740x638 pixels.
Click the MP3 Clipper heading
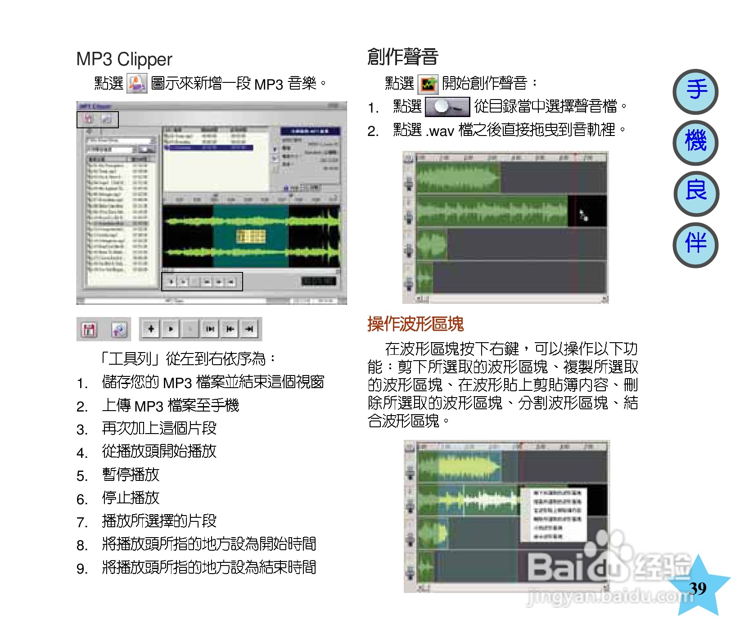pos(124,59)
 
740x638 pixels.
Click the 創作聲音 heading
pos(403,57)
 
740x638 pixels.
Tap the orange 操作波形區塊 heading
pos(415,324)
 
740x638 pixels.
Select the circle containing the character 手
pos(695,91)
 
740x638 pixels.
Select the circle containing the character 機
pos(695,142)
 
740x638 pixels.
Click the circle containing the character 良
pos(696,193)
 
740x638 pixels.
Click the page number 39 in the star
pos(698,588)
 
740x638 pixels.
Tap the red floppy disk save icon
pos(89,330)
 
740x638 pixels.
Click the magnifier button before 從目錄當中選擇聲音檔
pos(447,107)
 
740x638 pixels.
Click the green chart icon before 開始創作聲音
pos(428,84)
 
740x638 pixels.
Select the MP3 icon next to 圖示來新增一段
pos(137,84)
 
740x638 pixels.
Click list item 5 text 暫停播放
pos(131,475)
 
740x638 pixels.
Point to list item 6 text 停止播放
pos(131,498)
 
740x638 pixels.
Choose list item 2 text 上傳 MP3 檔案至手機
pos(170,406)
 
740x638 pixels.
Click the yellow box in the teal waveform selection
pos(251,235)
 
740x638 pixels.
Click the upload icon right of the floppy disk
pos(119,330)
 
